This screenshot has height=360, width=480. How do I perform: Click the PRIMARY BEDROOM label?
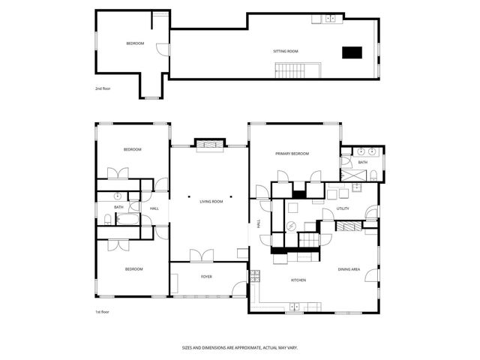[292, 154]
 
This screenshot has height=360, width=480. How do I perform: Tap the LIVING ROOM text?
[211, 202]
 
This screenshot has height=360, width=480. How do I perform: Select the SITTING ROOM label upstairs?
[285, 52]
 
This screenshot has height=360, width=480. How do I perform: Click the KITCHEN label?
[298, 280]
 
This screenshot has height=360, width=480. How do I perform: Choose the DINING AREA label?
[350, 269]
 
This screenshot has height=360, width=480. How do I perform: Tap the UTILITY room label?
[343, 208]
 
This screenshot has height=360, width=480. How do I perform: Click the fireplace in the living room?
[208, 145]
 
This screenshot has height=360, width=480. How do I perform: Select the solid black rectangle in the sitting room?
[352, 52]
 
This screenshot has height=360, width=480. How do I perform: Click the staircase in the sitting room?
[289, 71]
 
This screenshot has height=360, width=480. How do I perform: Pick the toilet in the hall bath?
[107, 220]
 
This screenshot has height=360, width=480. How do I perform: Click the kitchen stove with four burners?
[254, 275]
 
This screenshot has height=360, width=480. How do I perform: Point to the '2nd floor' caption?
[103, 89]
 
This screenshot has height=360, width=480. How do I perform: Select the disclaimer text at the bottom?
[239, 347]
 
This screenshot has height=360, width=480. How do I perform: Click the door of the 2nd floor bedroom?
[160, 49]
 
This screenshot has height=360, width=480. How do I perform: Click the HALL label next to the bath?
[154, 208]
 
